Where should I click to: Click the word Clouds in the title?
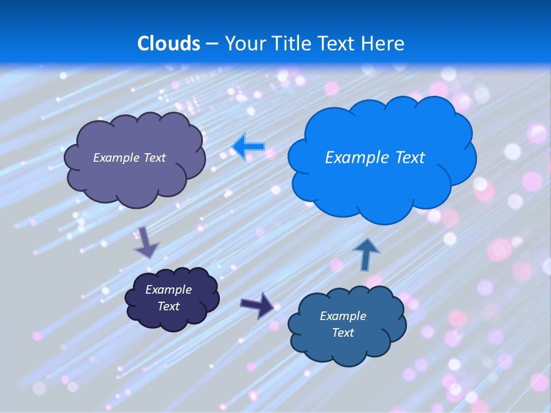coord(169,44)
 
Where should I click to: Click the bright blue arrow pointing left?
coord(248,147)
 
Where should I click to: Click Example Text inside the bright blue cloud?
coord(375,158)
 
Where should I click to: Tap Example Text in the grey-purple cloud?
coord(129,158)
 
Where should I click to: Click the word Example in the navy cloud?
coord(168,290)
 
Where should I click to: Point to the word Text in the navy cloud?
coord(168,306)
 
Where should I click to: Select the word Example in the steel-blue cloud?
coord(343,316)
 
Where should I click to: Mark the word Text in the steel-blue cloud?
coord(343,333)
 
